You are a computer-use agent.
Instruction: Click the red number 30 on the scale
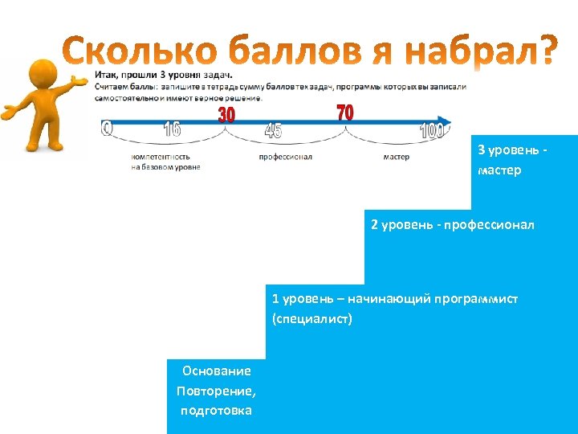click(x=227, y=115)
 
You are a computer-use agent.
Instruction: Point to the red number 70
click(x=344, y=113)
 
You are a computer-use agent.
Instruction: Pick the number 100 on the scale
click(x=432, y=131)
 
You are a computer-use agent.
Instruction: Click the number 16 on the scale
click(x=172, y=129)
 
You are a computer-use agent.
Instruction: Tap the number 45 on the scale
click(x=273, y=131)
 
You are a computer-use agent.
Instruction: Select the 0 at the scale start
click(x=108, y=128)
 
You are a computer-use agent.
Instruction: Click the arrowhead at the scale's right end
click(x=446, y=122)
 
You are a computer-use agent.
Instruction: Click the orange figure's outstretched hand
click(x=79, y=81)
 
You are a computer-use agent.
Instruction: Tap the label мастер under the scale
click(x=396, y=157)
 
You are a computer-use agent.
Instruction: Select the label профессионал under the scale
click(x=285, y=157)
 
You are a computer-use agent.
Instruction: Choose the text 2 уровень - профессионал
click(x=452, y=224)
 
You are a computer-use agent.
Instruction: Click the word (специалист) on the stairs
click(x=312, y=320)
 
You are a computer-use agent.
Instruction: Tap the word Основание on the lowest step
click(x=216, y=371)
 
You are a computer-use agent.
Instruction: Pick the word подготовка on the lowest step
click(x=216, y=411)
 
